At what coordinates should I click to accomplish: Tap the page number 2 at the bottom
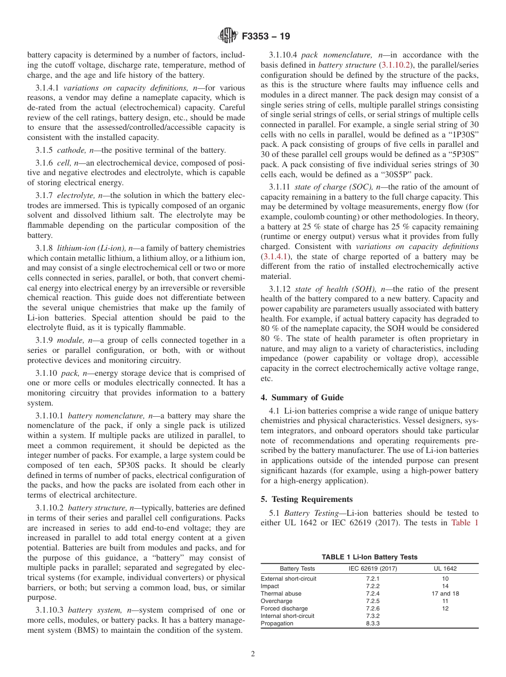coord(253,654)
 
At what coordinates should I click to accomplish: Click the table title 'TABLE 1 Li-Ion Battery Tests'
coord(369,557)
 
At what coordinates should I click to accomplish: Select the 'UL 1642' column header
coord(445,568)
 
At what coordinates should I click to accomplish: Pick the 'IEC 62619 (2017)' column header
coord(373,568)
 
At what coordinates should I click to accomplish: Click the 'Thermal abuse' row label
coord(281,593)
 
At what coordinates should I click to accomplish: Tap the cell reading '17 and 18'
coord(445,593)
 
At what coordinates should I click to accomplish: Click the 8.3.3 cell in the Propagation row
coord(373,623)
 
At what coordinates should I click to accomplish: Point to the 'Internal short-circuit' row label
coord(287,616)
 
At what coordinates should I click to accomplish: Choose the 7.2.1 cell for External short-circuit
coord(373,579)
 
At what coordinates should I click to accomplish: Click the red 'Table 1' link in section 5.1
coord(464,523)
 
